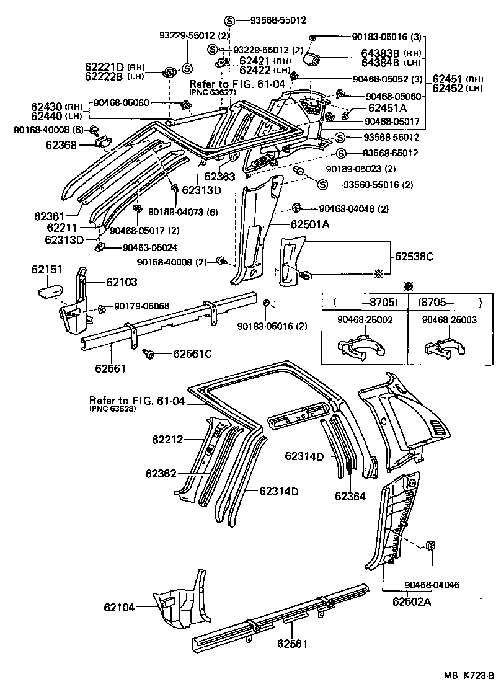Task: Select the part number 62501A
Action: click(x=311, y=224)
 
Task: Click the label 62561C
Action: click(x=192, y=353)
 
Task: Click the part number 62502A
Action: click(x=412, y=601)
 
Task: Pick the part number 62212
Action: click(x=168, y=440)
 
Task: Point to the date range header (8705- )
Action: click(x=449, y=303)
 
